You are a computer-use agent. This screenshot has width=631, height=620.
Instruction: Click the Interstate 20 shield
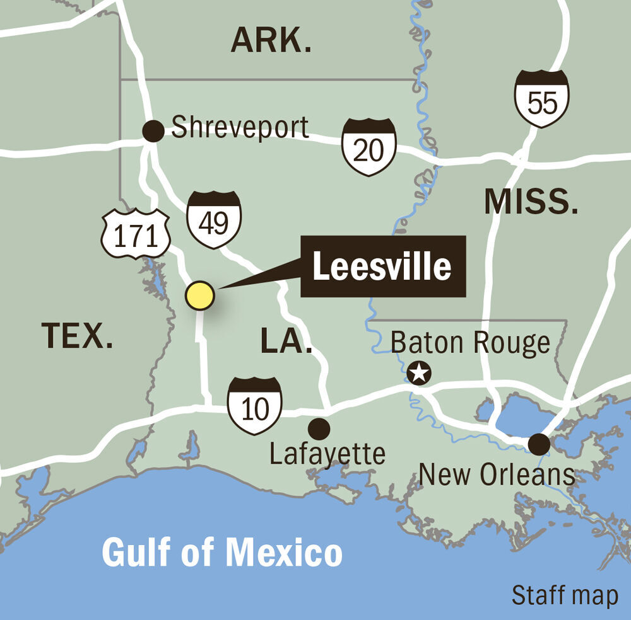click(369, 147)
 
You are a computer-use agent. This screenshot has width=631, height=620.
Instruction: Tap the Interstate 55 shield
click(541, 98)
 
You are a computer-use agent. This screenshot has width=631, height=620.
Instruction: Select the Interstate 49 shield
click(214, 219)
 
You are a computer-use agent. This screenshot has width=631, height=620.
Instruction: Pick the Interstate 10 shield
click(255, 406)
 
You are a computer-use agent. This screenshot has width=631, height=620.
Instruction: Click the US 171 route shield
click(136, 234)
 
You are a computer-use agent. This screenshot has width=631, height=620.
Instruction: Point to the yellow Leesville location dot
click(200, 296)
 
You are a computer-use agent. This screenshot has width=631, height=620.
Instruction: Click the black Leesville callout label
click(382, 267)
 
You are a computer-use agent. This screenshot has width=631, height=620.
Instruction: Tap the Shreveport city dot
click(153, 131)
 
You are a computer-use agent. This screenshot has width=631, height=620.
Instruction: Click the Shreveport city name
click(240, 128)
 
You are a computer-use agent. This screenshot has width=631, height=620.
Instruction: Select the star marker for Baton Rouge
click(418, 373)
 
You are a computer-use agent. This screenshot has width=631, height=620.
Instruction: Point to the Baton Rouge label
click(471, 343)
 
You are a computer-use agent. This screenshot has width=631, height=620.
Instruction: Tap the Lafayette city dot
click(319, 429)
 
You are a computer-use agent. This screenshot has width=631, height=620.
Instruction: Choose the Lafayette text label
click(327, 454)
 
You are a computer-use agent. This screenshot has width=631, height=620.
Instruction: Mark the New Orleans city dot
click(538, 444)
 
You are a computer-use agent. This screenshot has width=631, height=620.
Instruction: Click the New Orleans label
click(497, 474)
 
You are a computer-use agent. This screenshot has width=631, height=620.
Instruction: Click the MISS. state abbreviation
click(531, 202)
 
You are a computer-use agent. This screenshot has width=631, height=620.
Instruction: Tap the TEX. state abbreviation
click(78, 335)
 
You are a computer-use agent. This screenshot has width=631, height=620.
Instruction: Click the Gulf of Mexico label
click(222, 553)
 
